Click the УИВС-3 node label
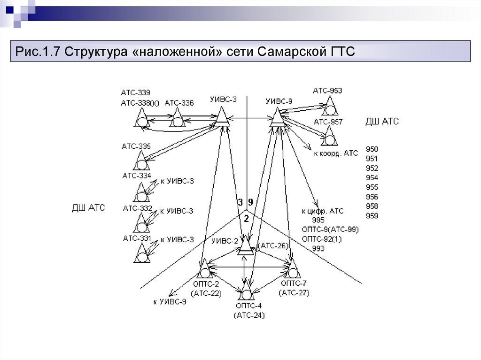point(223,100)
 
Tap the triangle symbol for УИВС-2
point(245,246)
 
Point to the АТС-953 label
point(327,91)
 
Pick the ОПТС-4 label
point(249,306)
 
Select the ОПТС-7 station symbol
point(293,271)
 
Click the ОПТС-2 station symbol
point(204,272)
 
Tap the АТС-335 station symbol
point(140,162)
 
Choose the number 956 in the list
point(372,197)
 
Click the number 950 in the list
point(372,149)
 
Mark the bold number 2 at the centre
point(246,218)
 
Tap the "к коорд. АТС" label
point(336,153)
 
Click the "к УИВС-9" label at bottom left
point(170,302)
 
